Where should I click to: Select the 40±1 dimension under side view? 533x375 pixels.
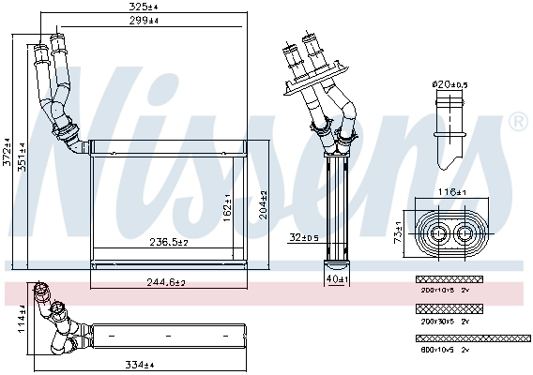336,278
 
